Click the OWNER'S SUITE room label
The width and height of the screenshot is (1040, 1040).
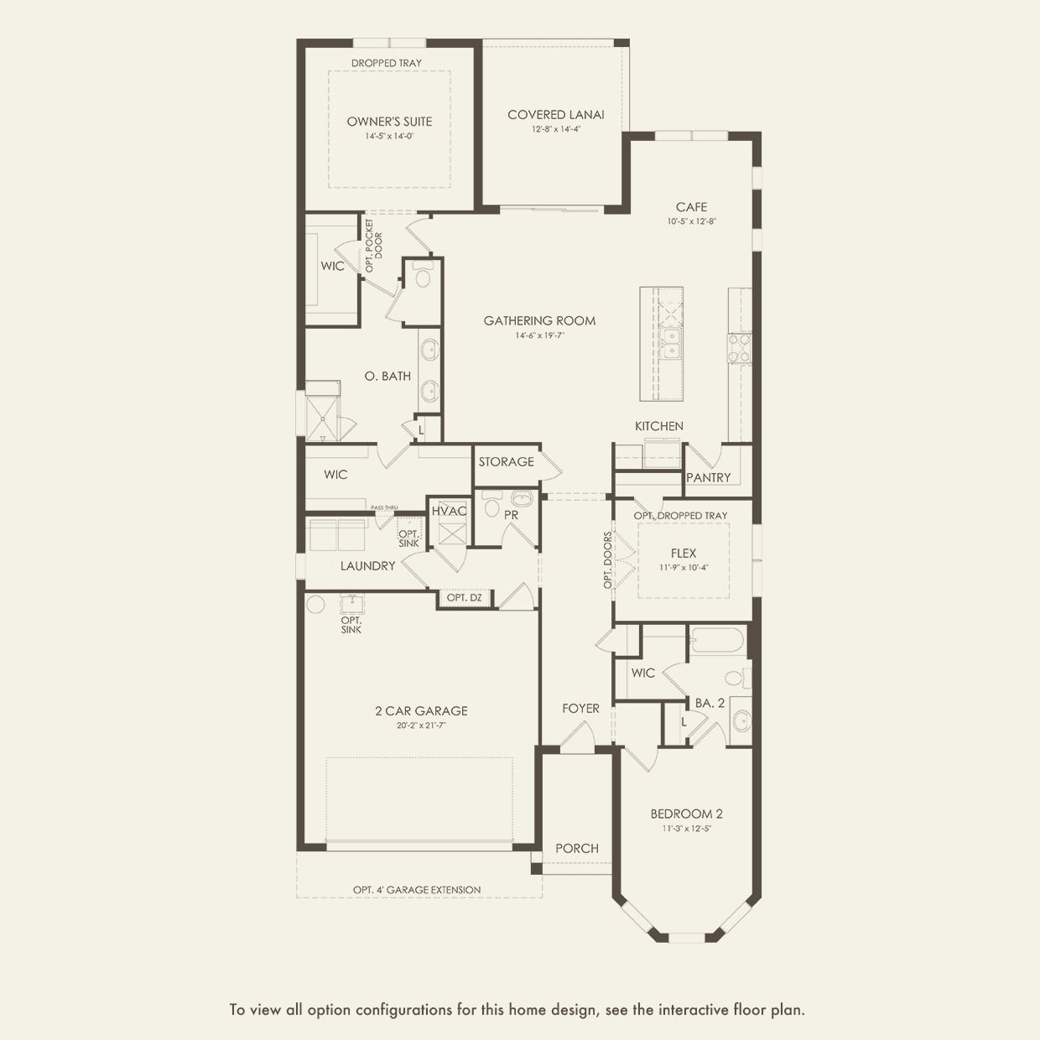[x=389, y=122]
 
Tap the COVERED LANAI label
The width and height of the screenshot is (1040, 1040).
[x=556, y=115]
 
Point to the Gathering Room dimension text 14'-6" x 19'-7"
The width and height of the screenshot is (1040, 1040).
[x=539, y=335]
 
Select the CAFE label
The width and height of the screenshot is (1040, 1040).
[x=691, y=206]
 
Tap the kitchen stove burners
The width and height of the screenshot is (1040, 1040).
[x=740, y=348]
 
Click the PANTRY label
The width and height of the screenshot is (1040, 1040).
[x=708, y=477]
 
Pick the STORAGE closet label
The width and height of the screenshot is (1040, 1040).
[x=506, y=461]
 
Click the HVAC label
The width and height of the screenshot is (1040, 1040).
[x=449, y=511]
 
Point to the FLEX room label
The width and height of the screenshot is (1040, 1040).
[x=684, y=554]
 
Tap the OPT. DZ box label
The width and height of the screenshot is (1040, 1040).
[x=464, y=598]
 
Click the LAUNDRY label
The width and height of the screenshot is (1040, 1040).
[x=367, y=565]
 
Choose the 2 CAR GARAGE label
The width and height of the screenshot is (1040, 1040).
[x=422, y=710]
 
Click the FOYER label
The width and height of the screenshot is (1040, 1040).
[x=580, y=708]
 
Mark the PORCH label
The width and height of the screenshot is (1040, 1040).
[x=577, y=849]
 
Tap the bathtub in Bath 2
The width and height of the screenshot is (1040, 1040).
[x=717, y=641]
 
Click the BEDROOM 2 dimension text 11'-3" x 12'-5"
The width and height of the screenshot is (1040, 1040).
[x=687, y=829]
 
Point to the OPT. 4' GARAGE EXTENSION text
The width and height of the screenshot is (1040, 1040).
[x=417, y=889]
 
